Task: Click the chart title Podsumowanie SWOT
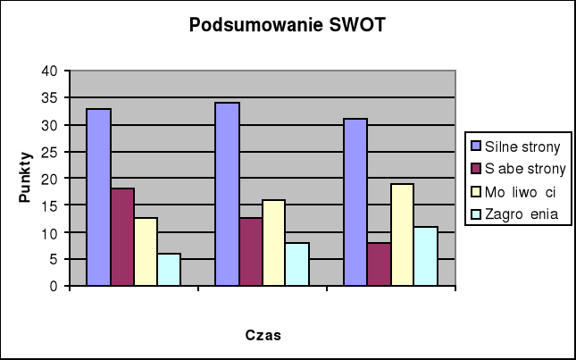[288, 25]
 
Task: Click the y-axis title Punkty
[26, 178]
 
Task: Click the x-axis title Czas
[263, 336]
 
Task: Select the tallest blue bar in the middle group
[227, 194]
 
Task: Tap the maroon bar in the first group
[122, 237]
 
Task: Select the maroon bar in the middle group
[250, 252]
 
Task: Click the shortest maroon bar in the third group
[378, 264]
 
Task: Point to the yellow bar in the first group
[146, 252]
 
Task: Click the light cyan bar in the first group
[169, 270]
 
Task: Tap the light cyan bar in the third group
[425, 256]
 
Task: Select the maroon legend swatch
[476, 168]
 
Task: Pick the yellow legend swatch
[476, 191]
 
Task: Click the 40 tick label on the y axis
[50, 71]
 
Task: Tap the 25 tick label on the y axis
[50, 152]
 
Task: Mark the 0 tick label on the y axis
[54, 286]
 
